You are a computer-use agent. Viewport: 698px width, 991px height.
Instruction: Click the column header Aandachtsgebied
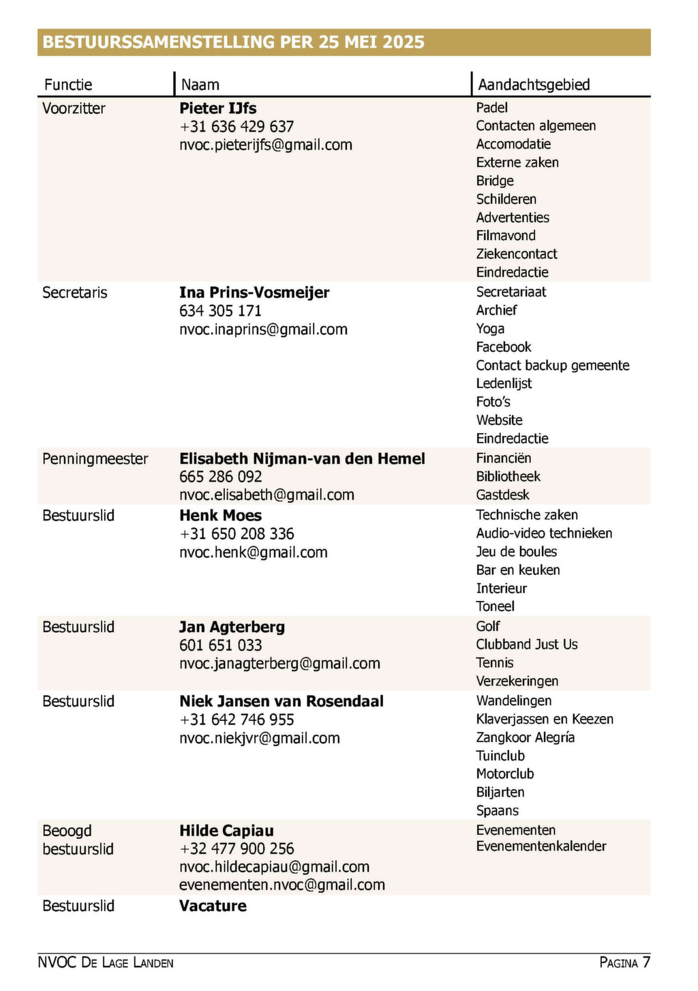(x=534, y=85)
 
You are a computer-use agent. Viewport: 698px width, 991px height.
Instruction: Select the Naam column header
(x=200, y=85)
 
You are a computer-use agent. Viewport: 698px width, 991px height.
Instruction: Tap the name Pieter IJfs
(x=217, y=108)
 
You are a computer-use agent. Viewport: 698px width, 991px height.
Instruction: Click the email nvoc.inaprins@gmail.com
(x=263, y=329)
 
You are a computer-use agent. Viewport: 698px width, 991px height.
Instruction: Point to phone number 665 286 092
(x=220, y=477)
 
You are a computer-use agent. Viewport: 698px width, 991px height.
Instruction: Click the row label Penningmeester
(x=95, y=458)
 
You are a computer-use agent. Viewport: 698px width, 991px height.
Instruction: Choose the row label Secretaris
(x=74, y=293)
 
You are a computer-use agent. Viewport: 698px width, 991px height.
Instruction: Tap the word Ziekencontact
(x=516, y=254)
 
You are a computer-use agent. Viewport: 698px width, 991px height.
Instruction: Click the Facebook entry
(x=503, y=347)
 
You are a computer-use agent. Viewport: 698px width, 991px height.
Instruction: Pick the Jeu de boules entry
(x=516, y=552)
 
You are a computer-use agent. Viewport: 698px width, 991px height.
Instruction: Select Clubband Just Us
(x=526, y=645)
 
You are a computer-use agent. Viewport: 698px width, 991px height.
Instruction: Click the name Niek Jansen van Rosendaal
(x=281, y=701)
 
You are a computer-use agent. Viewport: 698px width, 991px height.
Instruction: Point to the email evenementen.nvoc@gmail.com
(x=282, y=885)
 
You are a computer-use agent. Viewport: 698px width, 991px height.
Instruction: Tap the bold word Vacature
(x=213, y=906)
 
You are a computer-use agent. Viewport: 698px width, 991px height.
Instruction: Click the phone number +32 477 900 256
(x=237, y=849)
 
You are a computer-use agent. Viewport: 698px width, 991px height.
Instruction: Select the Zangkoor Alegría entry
(x=525, y=737)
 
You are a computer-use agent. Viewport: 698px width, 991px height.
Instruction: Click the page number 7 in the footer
(x=646, y=962)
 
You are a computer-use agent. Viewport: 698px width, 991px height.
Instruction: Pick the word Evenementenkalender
(x=541, y=846)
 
